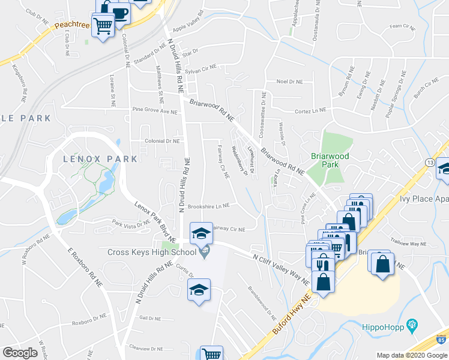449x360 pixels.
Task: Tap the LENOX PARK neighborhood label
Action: coord(101,159)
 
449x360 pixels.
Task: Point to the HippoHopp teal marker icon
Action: coord(412,326)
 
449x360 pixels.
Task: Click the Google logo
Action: coord(20,353)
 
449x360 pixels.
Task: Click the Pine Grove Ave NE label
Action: coord(155,111)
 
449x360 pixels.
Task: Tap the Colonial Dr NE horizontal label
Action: coord(162,141)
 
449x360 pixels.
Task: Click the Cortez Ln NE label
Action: coord(310,110)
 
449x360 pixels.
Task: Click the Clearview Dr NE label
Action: coord(146,348)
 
